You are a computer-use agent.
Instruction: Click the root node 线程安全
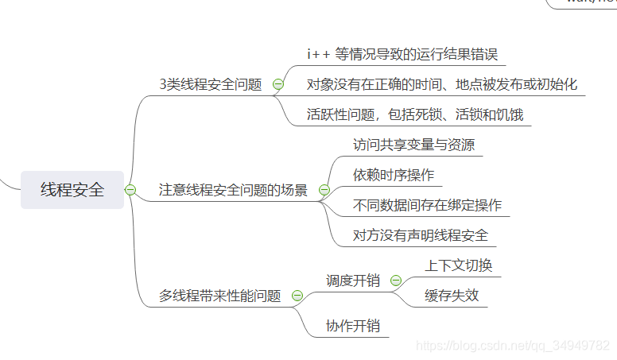72,190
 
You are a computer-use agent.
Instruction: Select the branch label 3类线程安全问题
210,84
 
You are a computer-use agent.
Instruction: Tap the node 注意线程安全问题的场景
233,190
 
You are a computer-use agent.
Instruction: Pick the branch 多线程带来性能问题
220,296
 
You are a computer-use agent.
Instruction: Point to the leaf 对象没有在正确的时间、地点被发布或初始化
442,84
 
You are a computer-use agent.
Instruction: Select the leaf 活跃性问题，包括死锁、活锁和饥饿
415,114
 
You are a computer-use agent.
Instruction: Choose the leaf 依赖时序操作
394,175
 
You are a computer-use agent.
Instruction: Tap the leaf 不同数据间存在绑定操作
427,205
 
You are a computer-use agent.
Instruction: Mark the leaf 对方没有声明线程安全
421,235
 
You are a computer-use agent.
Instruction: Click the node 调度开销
353,281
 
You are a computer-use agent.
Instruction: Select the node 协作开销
353,326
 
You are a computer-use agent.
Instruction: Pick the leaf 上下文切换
459,265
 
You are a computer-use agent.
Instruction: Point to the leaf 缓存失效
452,296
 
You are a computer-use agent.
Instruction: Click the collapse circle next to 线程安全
130,190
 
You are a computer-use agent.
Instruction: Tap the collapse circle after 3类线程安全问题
278,84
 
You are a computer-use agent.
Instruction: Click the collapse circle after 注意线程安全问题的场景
324,190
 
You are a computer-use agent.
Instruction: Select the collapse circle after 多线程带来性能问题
297,296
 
